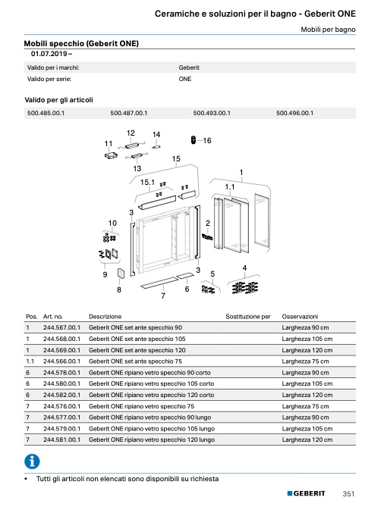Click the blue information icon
32,461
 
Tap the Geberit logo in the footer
306,493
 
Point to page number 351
348,494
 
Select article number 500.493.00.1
212,113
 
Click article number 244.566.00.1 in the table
61,361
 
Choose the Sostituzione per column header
248,317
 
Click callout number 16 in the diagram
207,140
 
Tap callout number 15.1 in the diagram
147,182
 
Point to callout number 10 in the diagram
112,223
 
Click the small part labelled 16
193,140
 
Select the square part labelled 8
120,274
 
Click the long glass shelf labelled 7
159,283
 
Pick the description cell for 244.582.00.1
152,395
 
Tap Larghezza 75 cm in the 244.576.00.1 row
305,406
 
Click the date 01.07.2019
49,54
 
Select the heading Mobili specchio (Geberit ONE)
81,43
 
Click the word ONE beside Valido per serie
185,79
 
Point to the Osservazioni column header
300,317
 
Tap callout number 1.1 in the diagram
230,187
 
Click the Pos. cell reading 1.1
30,361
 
